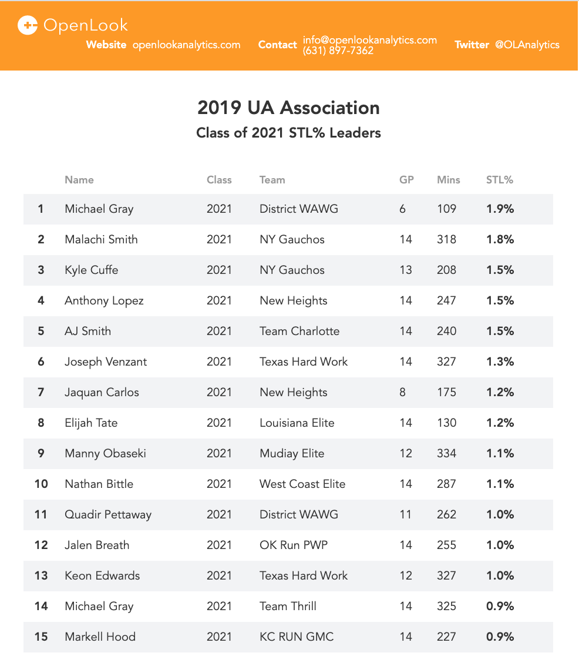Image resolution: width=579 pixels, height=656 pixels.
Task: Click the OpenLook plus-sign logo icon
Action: [x=28, y=25]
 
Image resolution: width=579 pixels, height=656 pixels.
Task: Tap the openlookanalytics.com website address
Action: [x=186, y=45]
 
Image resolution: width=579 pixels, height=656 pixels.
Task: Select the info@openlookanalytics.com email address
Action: [x=370, y=40]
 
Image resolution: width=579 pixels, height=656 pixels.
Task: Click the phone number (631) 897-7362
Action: [x=338, y=51]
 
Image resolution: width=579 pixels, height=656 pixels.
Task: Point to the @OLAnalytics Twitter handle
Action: [x=527, y=45]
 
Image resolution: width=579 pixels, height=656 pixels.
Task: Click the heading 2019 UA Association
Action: [x=288, y=108]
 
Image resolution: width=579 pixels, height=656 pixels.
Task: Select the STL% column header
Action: [x=500, y=180]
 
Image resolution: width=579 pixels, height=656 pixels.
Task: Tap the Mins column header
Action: [x=449, y=180]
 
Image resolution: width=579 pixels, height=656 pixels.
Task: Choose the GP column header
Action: [x=406, y=180]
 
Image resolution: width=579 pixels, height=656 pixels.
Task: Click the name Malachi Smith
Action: [x=101, y=239]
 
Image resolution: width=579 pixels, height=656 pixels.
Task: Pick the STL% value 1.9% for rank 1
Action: [x=500, y=209]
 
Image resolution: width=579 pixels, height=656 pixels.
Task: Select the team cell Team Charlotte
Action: [x=299, y=331]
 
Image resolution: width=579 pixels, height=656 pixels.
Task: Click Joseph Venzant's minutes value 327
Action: [x=446, y=362]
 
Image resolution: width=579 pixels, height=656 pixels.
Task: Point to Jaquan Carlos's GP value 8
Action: [x=402, y=392]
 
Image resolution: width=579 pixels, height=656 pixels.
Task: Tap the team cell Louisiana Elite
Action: [x=297, y=423]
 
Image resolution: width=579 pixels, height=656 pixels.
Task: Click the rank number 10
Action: [x=41, y=484]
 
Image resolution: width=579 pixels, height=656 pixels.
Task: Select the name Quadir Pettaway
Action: [x=108, y=514]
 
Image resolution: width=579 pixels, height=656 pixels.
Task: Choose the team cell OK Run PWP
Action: [x=294, y=545]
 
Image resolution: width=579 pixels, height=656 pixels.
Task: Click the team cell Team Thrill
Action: [x=288, y=606]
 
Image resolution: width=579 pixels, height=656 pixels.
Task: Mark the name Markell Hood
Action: [x=100, y=637]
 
